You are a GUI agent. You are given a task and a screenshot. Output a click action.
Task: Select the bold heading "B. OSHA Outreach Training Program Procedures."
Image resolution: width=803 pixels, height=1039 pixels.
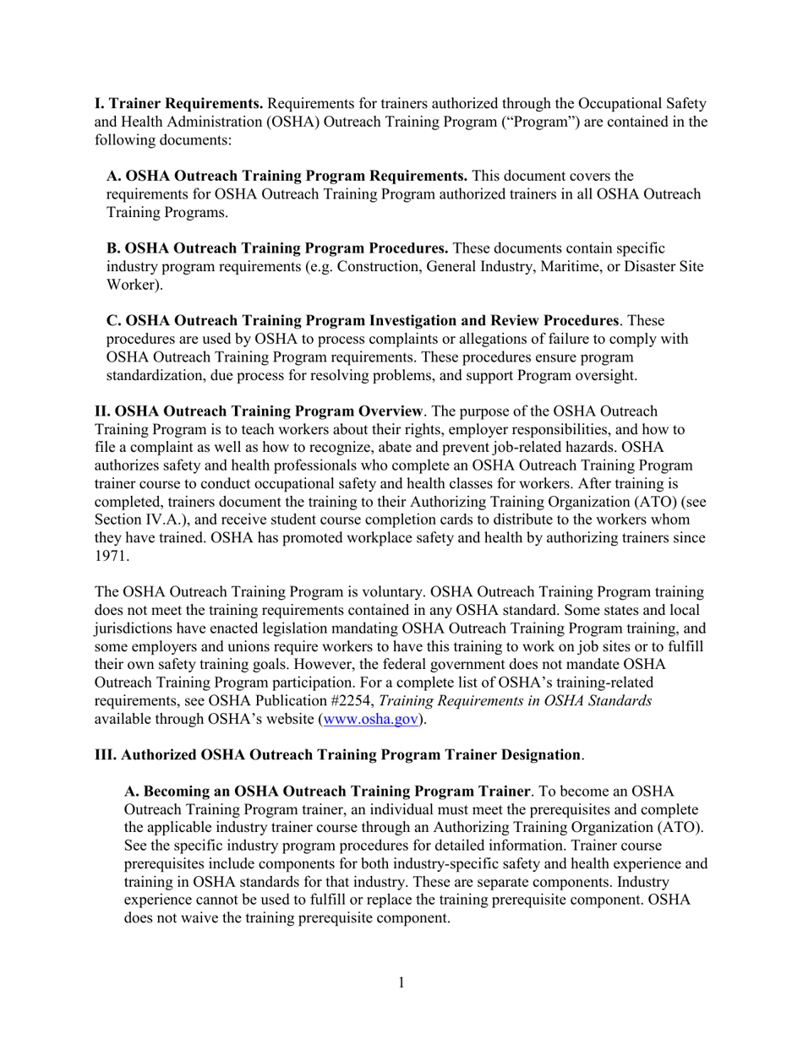(277, 248)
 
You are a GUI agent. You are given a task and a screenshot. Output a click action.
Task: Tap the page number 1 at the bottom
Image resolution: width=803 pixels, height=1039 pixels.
(401, 982)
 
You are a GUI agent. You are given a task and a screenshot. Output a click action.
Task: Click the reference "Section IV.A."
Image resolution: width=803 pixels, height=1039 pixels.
(139, 520)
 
